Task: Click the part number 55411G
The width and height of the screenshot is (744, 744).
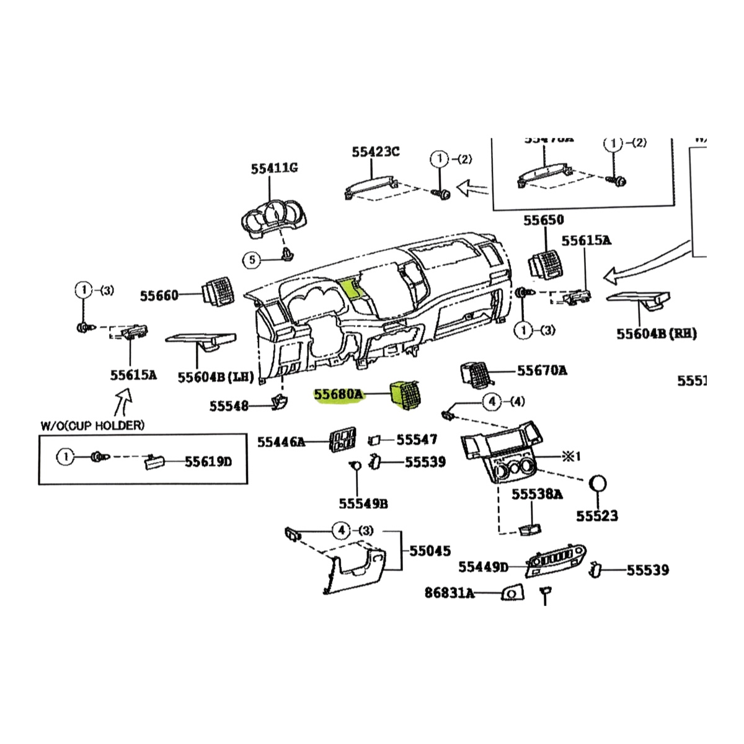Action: (x=274, y=168)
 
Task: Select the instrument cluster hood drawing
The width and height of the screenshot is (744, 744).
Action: (x=273, y=220)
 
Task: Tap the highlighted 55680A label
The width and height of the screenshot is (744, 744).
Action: (x=339, y=395)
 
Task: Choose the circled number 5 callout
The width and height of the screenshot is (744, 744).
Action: (x=251, y=260)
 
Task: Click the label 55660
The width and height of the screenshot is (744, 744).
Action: (x=159, y=296)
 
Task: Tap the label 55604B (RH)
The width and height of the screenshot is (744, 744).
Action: (x=656, y=334)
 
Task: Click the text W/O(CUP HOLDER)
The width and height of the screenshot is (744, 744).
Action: (x=92, y=425)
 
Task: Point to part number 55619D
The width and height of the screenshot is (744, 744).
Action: (x=208, y=462)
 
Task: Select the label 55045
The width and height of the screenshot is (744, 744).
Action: (x=430, y=551)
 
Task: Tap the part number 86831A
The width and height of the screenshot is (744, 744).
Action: (x=449, y=593)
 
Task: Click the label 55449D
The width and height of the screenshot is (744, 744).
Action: (x=483, y=567)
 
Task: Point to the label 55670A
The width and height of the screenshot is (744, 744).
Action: (x=542, y=371)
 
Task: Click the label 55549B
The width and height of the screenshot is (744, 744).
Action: (x=363, y=503)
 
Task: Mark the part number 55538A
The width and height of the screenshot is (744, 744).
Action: (x=537, y=494)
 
